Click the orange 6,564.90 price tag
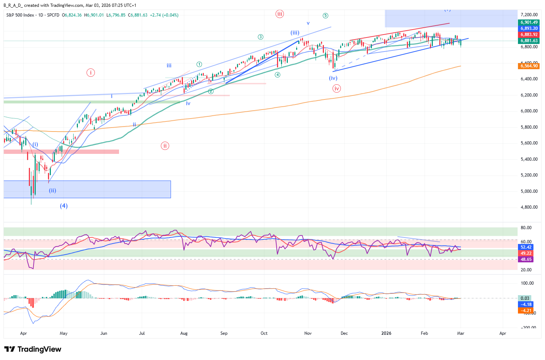pyautogui.click(x=529, y=66)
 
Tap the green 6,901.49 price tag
pyautogui.click(x=529, y=22)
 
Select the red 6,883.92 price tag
pyautogui.click(x=529, y=35)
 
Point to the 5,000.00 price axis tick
pyautogui.click(x=529, y=191)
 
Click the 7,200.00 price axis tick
pyautogui.click(x=529, y=15)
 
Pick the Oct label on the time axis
pyautogui.click(x=264, y=333)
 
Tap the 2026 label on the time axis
pyautogui.click(x=386, y=333)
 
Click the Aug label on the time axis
pyautogui.click(x=184, y=333)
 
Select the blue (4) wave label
pyautogui.click(x=64, y=206)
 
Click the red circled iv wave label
pyautogui.click(x=337, y=89)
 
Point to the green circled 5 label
pyautogui.click(x=325, y=15)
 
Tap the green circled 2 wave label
pyautogui.click(x=211, y=92)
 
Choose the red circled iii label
pyautogui.click(x=280, y=14)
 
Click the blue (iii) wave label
pyautogui.click(x=295, y=33)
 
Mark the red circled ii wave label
pyautogui.click(x=165, y=146)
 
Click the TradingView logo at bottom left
pyautogui.click(x=33, y=349)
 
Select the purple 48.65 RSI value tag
pyautogui.click(x=526, y=259)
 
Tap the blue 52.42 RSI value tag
pyautogui.click(x=526, y=247)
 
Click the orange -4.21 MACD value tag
pyautogui.click(x=526, y=311)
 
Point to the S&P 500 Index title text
pyautogui.click(x=20, y=15)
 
